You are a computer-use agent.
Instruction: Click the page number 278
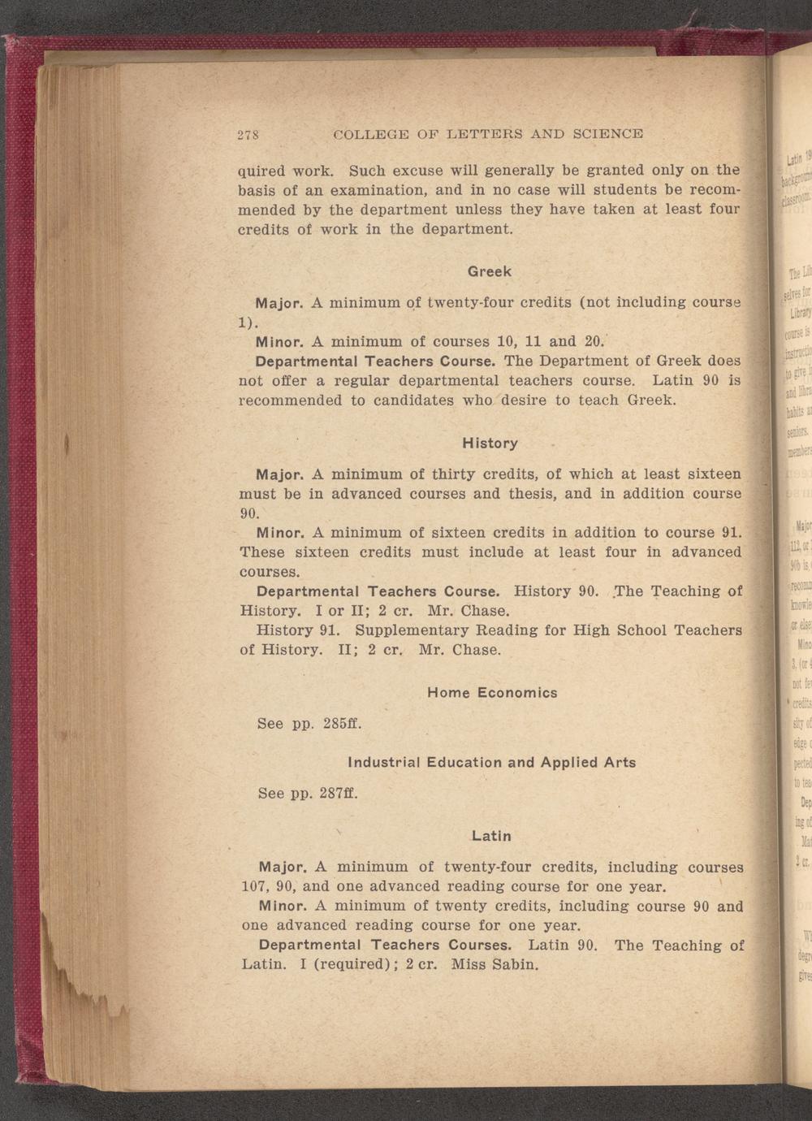click(246, 134)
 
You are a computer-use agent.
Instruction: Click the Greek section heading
click(489, 271)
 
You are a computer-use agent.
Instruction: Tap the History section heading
click(490, 444)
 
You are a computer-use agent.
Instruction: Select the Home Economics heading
click(492, 693)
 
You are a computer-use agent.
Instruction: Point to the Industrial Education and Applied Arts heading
click(491, 763)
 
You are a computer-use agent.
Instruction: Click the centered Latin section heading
click(491, 835)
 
